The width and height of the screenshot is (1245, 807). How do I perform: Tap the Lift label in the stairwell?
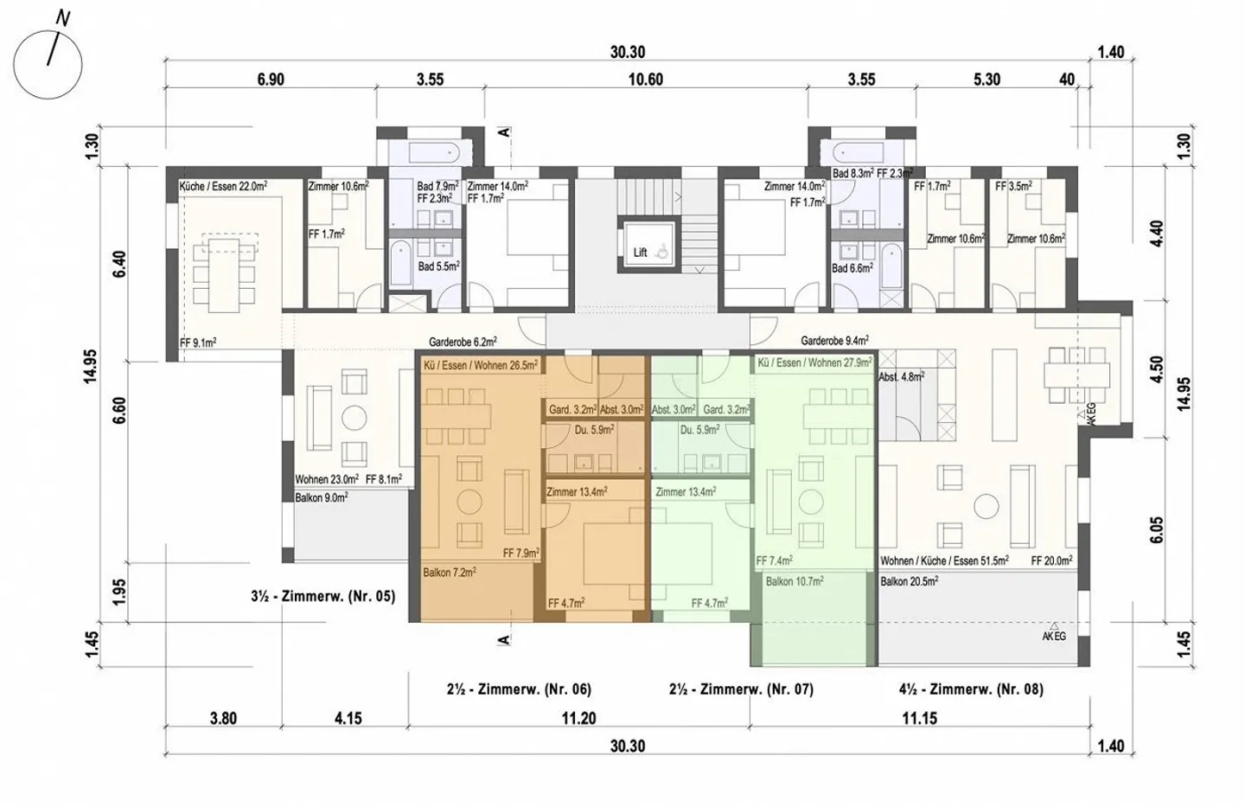point(640,253)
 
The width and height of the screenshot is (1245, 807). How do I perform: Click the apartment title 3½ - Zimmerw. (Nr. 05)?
point(322,596)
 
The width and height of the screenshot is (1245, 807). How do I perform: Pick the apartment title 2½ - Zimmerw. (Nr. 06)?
point(519,689)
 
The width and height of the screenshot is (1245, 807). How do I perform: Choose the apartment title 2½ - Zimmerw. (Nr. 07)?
point(741,689)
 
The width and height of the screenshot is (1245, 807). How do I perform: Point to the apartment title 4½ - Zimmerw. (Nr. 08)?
point(971,689)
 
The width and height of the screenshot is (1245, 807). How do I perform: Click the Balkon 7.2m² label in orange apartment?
point(450,573)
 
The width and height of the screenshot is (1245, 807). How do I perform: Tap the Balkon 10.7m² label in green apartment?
point(794,581)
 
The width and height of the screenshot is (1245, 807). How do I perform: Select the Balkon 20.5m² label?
point(909,581)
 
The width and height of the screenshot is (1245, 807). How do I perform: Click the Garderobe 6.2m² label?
point(463,343)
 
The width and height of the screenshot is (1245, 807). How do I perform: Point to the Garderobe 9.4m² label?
point(834,342)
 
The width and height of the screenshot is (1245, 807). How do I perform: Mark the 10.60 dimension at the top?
point(645,80)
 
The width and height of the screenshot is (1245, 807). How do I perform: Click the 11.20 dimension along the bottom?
point(578,718)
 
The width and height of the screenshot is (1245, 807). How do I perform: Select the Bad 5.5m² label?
point(437,266)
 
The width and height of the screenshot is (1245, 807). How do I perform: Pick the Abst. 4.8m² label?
point(901,377)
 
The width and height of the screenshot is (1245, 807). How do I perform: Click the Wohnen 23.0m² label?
point(327,479)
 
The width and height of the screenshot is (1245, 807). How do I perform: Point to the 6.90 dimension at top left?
point(271,80)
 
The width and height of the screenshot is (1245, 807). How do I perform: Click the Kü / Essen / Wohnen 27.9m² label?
point(814,363)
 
